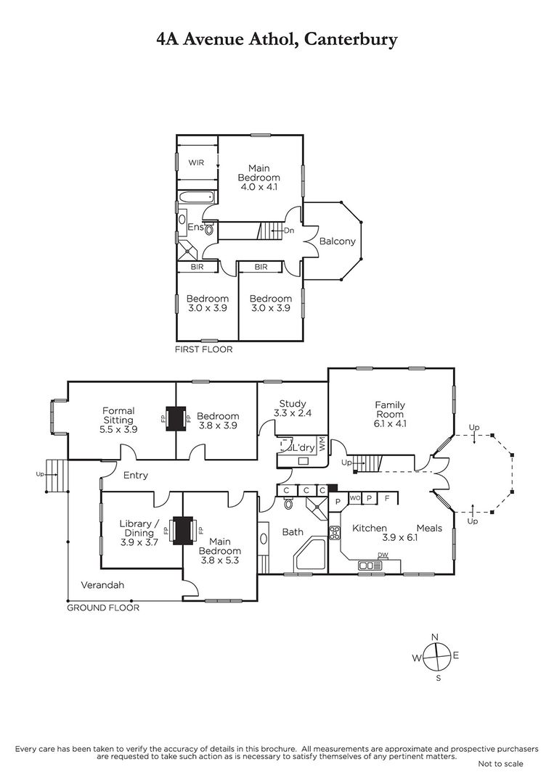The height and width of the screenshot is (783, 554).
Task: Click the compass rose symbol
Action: point(436,657)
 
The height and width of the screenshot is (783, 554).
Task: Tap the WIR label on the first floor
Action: point(196,163)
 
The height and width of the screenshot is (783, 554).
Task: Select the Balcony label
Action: point(338,241)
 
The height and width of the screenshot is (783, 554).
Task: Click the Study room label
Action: point(293,404)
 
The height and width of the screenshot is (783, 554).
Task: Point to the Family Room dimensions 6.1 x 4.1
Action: point(390,423)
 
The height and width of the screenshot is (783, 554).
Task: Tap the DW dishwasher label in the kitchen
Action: point(383,555)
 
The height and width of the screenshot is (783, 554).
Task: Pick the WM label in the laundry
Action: point(322,444)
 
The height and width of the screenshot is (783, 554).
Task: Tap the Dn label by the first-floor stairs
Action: point(289,231)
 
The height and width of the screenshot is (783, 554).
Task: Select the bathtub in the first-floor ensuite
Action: point(197,197)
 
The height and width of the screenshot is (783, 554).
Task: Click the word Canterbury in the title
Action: point(351,39)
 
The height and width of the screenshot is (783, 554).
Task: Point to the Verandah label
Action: point(102,585)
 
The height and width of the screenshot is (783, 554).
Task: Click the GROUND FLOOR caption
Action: point(103,608)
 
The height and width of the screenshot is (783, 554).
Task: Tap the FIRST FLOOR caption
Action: point(203,349)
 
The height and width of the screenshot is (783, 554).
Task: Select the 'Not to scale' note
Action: point(500,763)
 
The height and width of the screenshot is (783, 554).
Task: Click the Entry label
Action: point(136,476)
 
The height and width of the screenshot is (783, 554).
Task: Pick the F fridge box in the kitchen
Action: point(387,498)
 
